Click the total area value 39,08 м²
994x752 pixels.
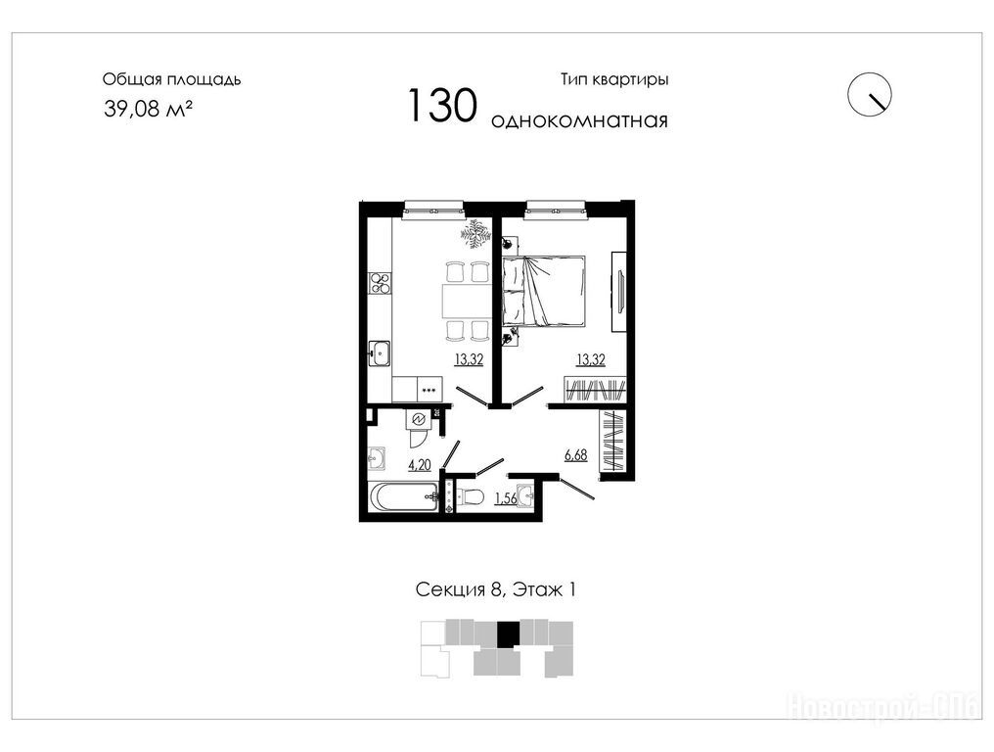click(x=148, y=109)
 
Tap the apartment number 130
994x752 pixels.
click(x=442, y=106)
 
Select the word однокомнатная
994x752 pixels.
click(x=579, y=120)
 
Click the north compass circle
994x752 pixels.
click(x=870, y=95)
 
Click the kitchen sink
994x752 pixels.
click(x=380, y=353)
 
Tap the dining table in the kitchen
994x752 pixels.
click(x=467, y=302)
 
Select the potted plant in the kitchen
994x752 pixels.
click(x=474, y=235)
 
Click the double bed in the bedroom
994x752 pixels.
click(x=544, y=291)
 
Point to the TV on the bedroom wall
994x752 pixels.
click(x=619, y=291)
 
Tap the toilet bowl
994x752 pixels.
click(x=471, y=495)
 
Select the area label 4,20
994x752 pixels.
click(x=420, y=465)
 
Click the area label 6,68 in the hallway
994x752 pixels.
click(x=575, y=455)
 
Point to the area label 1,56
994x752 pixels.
click(x=505, y=498)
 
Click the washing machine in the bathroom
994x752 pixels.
click(x=419, y=419)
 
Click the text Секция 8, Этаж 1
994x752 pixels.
click(x=496, y=589)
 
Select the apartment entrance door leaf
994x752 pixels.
click(x=577, y=488)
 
